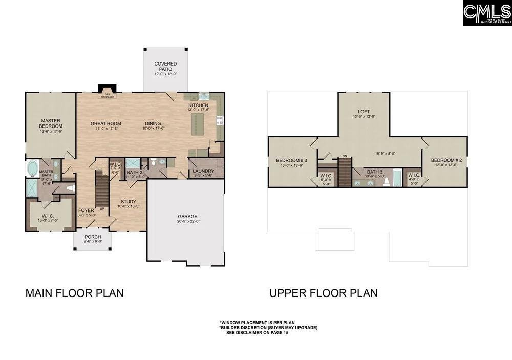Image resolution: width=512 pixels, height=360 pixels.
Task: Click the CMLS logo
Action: (x=487, y=13)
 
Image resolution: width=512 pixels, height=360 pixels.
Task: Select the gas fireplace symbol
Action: (x=107, y=91)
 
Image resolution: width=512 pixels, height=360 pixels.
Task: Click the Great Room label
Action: (x=105, y=123)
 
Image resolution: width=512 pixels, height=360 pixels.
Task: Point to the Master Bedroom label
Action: (x=51, y=123)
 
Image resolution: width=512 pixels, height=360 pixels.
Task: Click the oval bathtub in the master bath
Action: (x=32, y=169)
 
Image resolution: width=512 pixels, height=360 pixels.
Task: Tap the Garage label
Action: (x=187, y=216)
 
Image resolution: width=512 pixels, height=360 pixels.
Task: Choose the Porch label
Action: (x=93, y=237)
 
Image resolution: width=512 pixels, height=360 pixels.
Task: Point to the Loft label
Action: (x=364, y=111)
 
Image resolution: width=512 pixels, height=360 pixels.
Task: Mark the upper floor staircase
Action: (x=345, y=172)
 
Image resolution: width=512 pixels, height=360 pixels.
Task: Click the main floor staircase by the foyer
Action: (x=103, y=187)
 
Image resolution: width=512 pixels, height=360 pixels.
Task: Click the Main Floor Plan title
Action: (x=75, y=293)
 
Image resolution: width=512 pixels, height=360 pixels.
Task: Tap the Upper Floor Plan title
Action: (x=324, y=293)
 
